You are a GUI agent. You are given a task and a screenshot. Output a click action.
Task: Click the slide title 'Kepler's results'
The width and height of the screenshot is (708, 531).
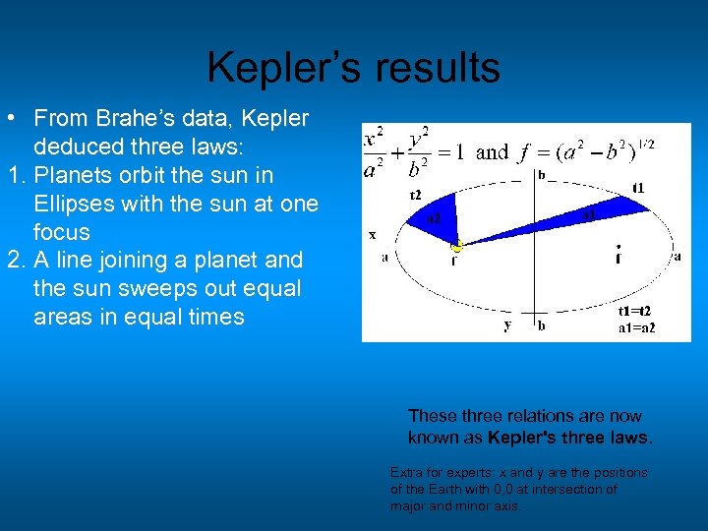click(x=353, y=68)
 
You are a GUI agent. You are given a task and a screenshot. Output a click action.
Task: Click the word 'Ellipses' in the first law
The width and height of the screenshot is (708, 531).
click(x=76, y=204)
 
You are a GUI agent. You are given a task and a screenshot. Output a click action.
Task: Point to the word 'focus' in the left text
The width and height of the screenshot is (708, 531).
click(x=61, y=232)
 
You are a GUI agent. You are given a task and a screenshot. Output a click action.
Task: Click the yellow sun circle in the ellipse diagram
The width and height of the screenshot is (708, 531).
click(x=456, y=248)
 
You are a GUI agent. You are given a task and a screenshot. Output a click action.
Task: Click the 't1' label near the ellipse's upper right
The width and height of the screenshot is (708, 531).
click(x=639, y=188)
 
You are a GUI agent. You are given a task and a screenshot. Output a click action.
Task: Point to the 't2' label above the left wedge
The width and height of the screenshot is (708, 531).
click(x=416, y=193)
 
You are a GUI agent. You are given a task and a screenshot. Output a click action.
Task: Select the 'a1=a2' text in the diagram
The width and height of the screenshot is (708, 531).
click(x=636, y=327)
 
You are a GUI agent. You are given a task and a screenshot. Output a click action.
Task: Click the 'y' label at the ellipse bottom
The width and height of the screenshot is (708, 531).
click(x=507, y=324)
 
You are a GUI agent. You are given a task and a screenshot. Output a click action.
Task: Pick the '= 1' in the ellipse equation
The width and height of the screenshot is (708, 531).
click(x=450, y=151)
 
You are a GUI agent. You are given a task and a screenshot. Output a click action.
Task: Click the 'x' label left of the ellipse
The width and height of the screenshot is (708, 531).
click(x=372, y=235)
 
